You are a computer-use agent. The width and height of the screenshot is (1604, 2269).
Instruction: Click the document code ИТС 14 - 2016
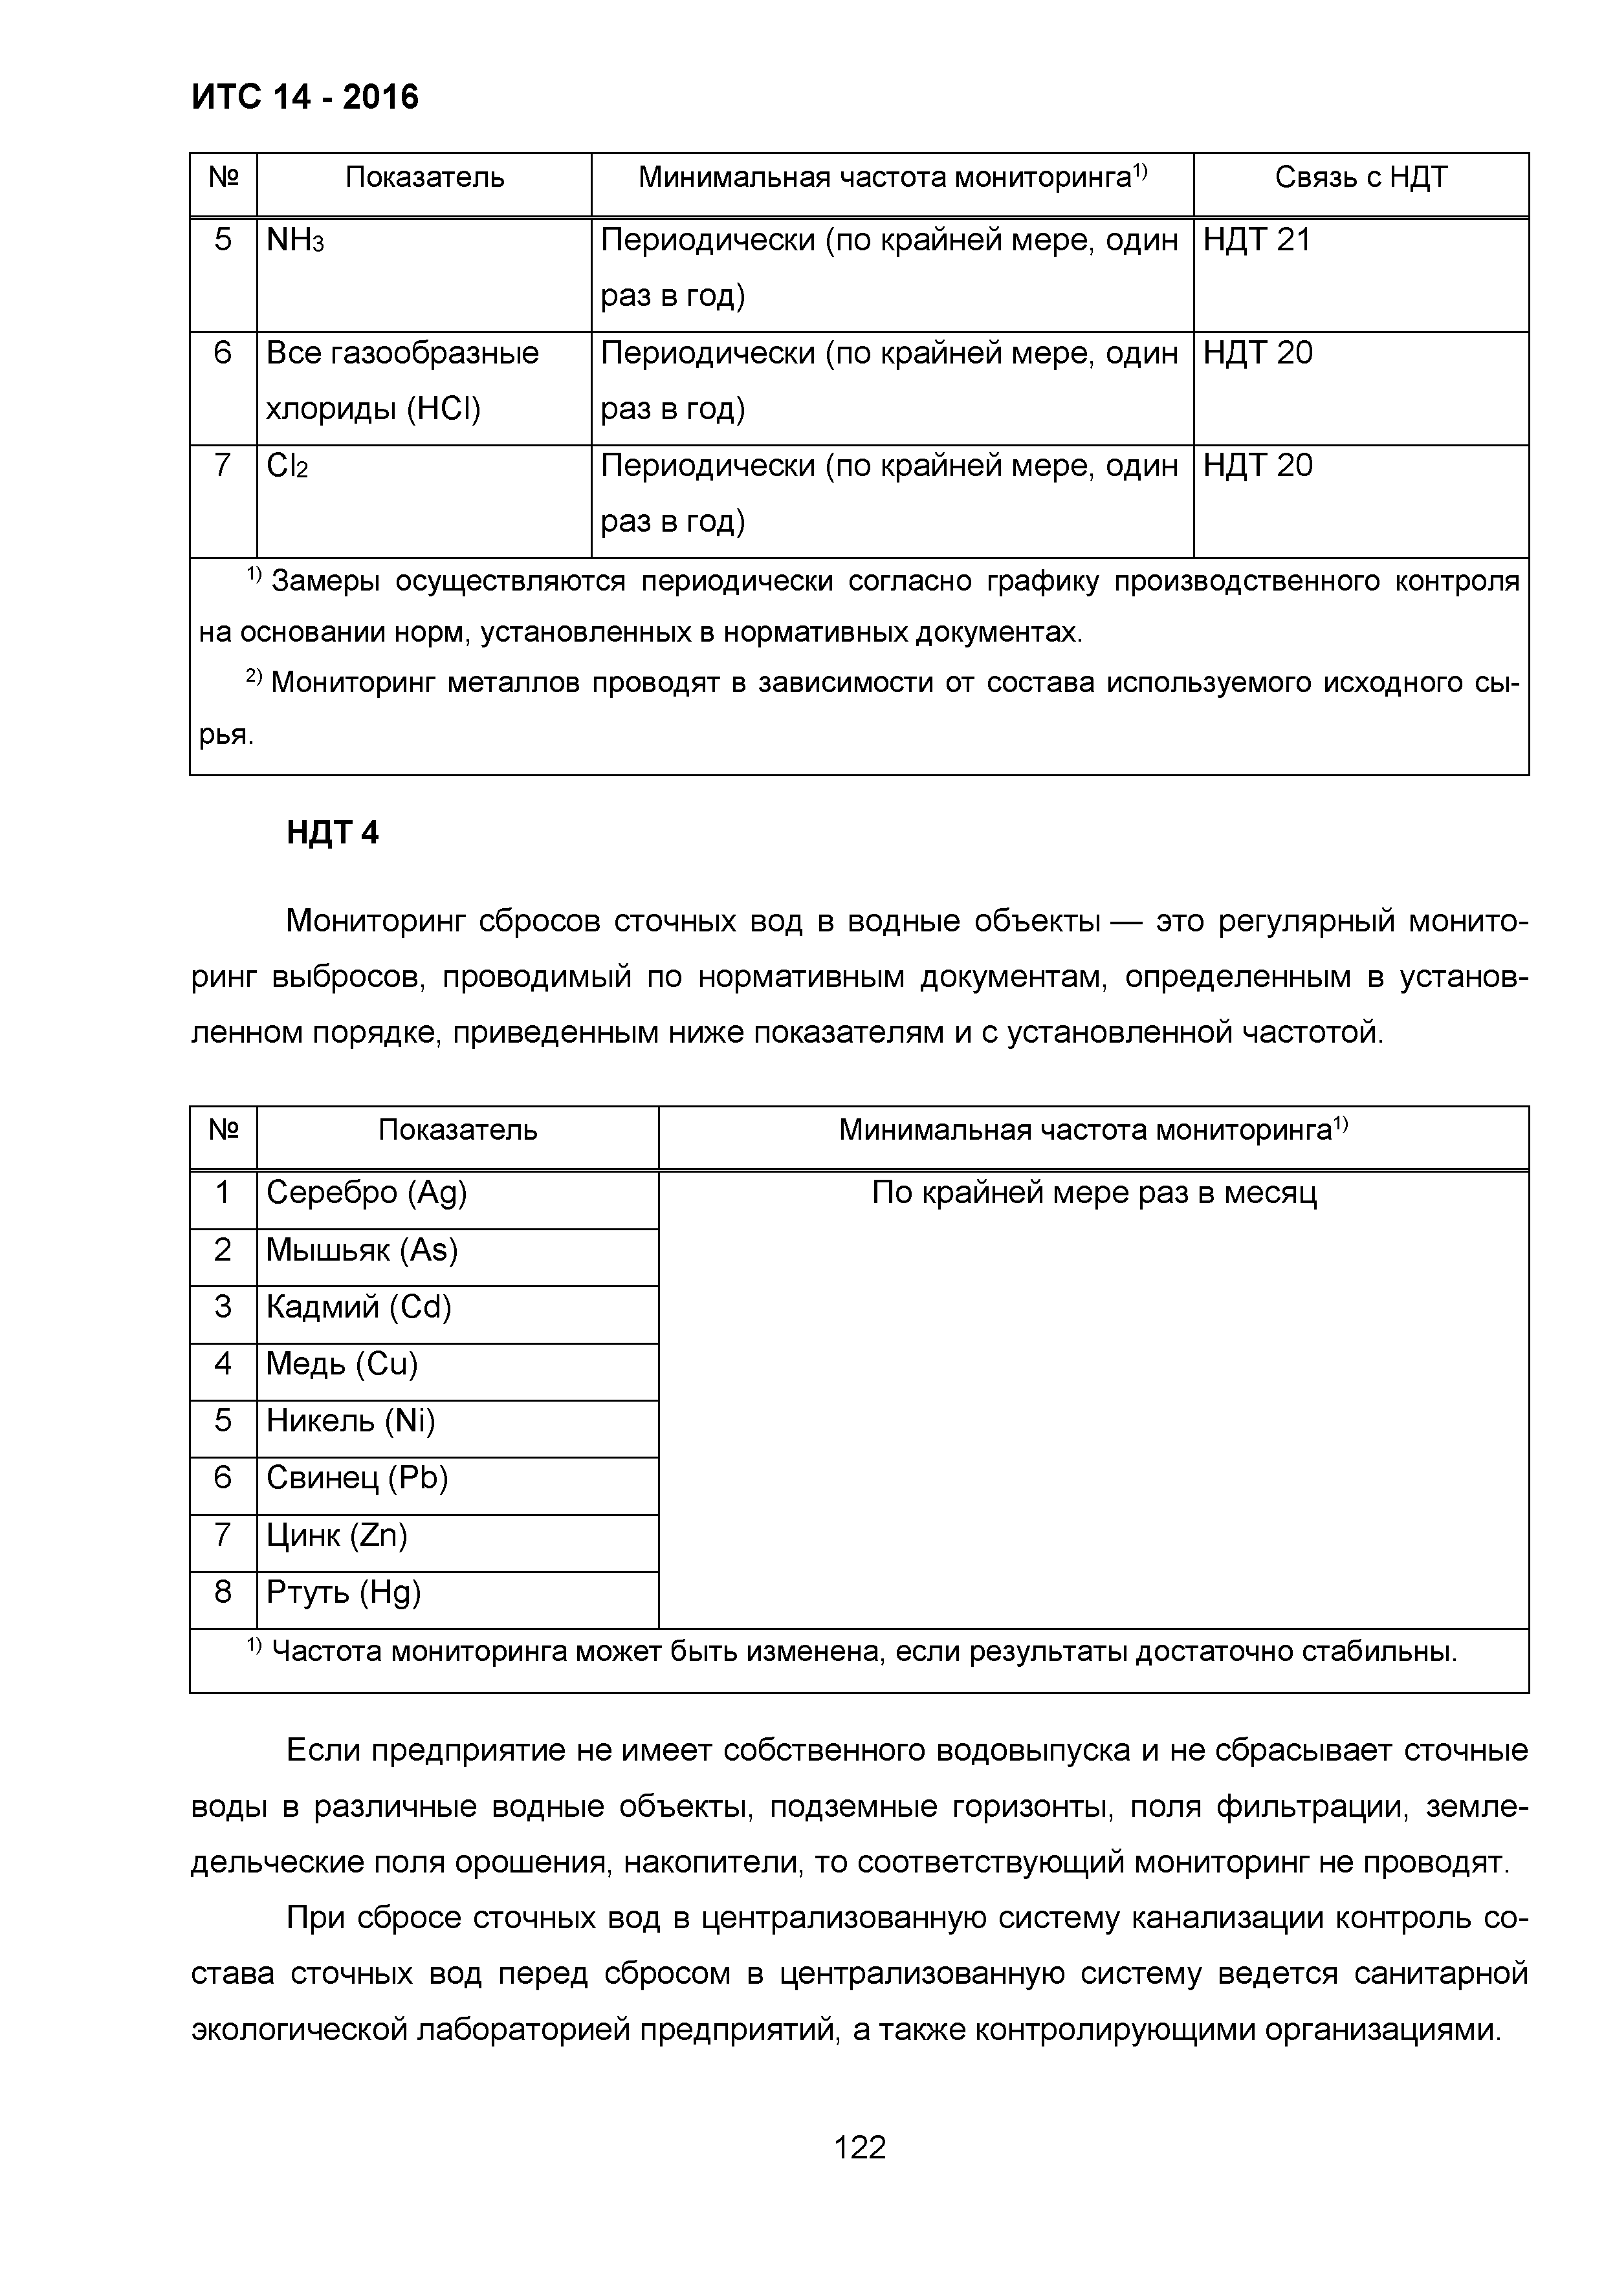point(304,97)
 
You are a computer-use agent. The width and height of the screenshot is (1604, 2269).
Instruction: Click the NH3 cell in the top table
point(294,240)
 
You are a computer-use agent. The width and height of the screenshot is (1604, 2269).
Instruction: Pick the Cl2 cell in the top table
point(287,466)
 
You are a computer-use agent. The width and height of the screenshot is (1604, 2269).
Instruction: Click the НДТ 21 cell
point(1256,240)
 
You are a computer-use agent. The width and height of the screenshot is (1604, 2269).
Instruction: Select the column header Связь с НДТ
point(1360,178)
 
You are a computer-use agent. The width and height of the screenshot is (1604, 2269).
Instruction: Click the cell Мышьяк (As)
point(362,1250)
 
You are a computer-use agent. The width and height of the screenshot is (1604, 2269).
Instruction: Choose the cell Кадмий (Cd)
point(358,1307)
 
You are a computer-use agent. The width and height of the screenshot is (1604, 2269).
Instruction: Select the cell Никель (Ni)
point(351,1421)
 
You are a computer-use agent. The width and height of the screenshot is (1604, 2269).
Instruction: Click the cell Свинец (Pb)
point(357,1479)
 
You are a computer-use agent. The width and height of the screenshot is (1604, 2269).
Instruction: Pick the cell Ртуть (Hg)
point(343,1592)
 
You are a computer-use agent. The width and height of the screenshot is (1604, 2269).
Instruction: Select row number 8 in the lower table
point(223,1591)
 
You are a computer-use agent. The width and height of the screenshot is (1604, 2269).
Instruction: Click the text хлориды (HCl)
point(373,408)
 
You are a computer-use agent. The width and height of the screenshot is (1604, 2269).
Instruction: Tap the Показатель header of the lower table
point(457,1129)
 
